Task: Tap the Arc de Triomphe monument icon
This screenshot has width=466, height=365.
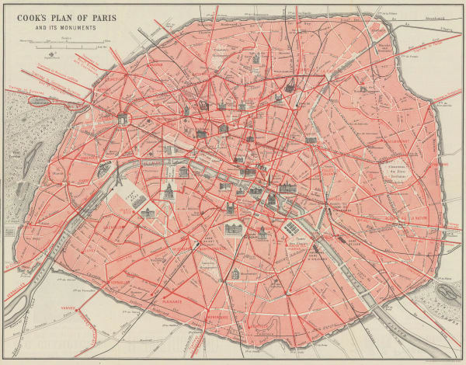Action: click(123, 119)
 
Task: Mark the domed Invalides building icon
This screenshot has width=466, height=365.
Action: click(166, 191)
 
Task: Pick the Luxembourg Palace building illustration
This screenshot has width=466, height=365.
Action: click(233, 228)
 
